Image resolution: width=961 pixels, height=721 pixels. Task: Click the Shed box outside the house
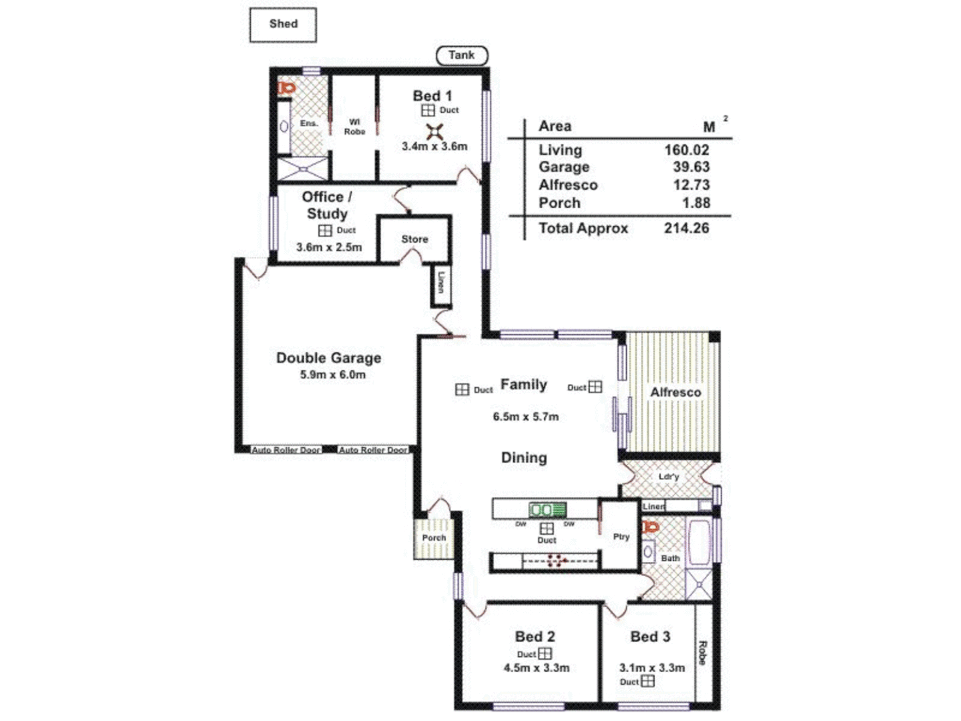[283, 25]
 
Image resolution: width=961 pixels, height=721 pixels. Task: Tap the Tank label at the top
[461, 55]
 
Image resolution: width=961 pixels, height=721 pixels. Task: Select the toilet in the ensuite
[286, 88]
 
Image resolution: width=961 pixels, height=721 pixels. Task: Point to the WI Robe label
[354, 127]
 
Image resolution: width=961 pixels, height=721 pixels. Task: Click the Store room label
[414, 239]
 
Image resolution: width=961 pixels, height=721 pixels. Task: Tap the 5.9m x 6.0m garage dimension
[332, 375]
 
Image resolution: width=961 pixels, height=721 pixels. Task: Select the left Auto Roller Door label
[286, 450]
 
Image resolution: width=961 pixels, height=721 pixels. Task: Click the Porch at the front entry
[434, 538]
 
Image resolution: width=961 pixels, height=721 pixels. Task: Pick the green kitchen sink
[547, 511]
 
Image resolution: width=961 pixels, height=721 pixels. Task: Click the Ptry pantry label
[621, 537]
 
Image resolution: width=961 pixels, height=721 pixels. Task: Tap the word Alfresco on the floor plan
[675, 393]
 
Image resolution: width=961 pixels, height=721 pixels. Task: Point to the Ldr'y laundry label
[668, 477]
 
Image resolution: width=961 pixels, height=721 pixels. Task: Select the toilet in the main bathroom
[651, 528]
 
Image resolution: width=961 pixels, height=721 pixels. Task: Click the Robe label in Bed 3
[702, 652]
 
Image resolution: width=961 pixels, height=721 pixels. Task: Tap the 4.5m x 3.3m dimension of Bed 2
[536, 668]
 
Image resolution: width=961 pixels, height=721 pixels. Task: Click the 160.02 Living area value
[686, 150]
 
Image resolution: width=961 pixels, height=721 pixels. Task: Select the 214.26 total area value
[686, 228]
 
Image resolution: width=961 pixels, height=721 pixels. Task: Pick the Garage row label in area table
[564, 168]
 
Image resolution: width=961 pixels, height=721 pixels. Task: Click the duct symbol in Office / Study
[325, 230]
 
